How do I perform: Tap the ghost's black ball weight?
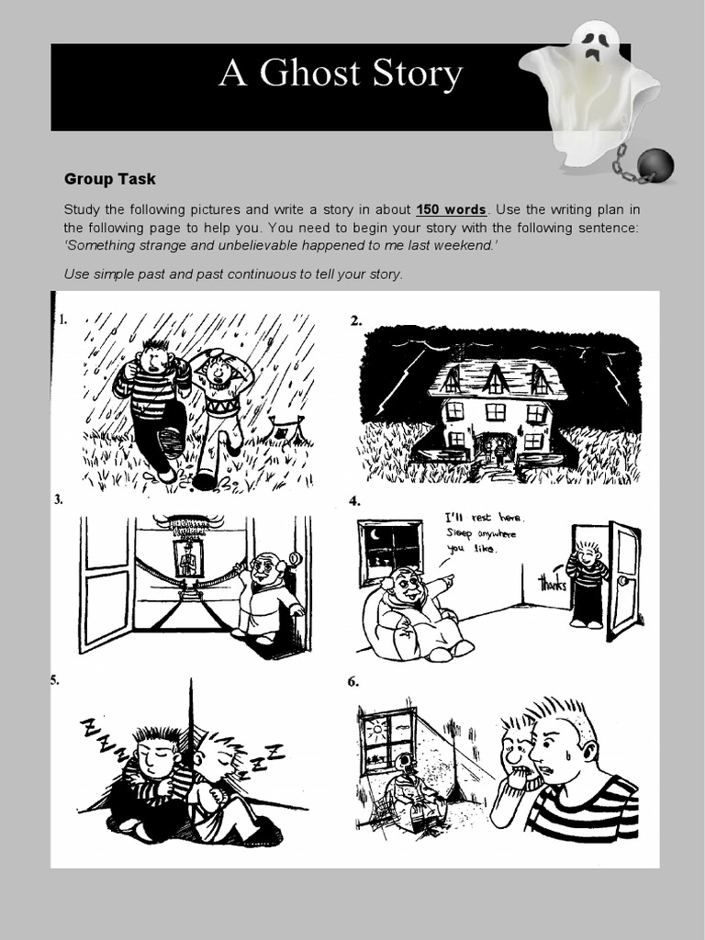tap(655, 165)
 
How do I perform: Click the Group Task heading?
tap(110, 180)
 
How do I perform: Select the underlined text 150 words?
tap(452, 208)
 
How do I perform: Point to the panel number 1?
tap(62, 320)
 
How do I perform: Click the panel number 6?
tap(353, 682)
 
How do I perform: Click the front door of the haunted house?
tap(495, 449)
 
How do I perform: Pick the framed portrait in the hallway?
tap(188, 558)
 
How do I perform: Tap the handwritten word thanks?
tap(553, 581)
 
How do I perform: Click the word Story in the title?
tap(420, 73)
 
